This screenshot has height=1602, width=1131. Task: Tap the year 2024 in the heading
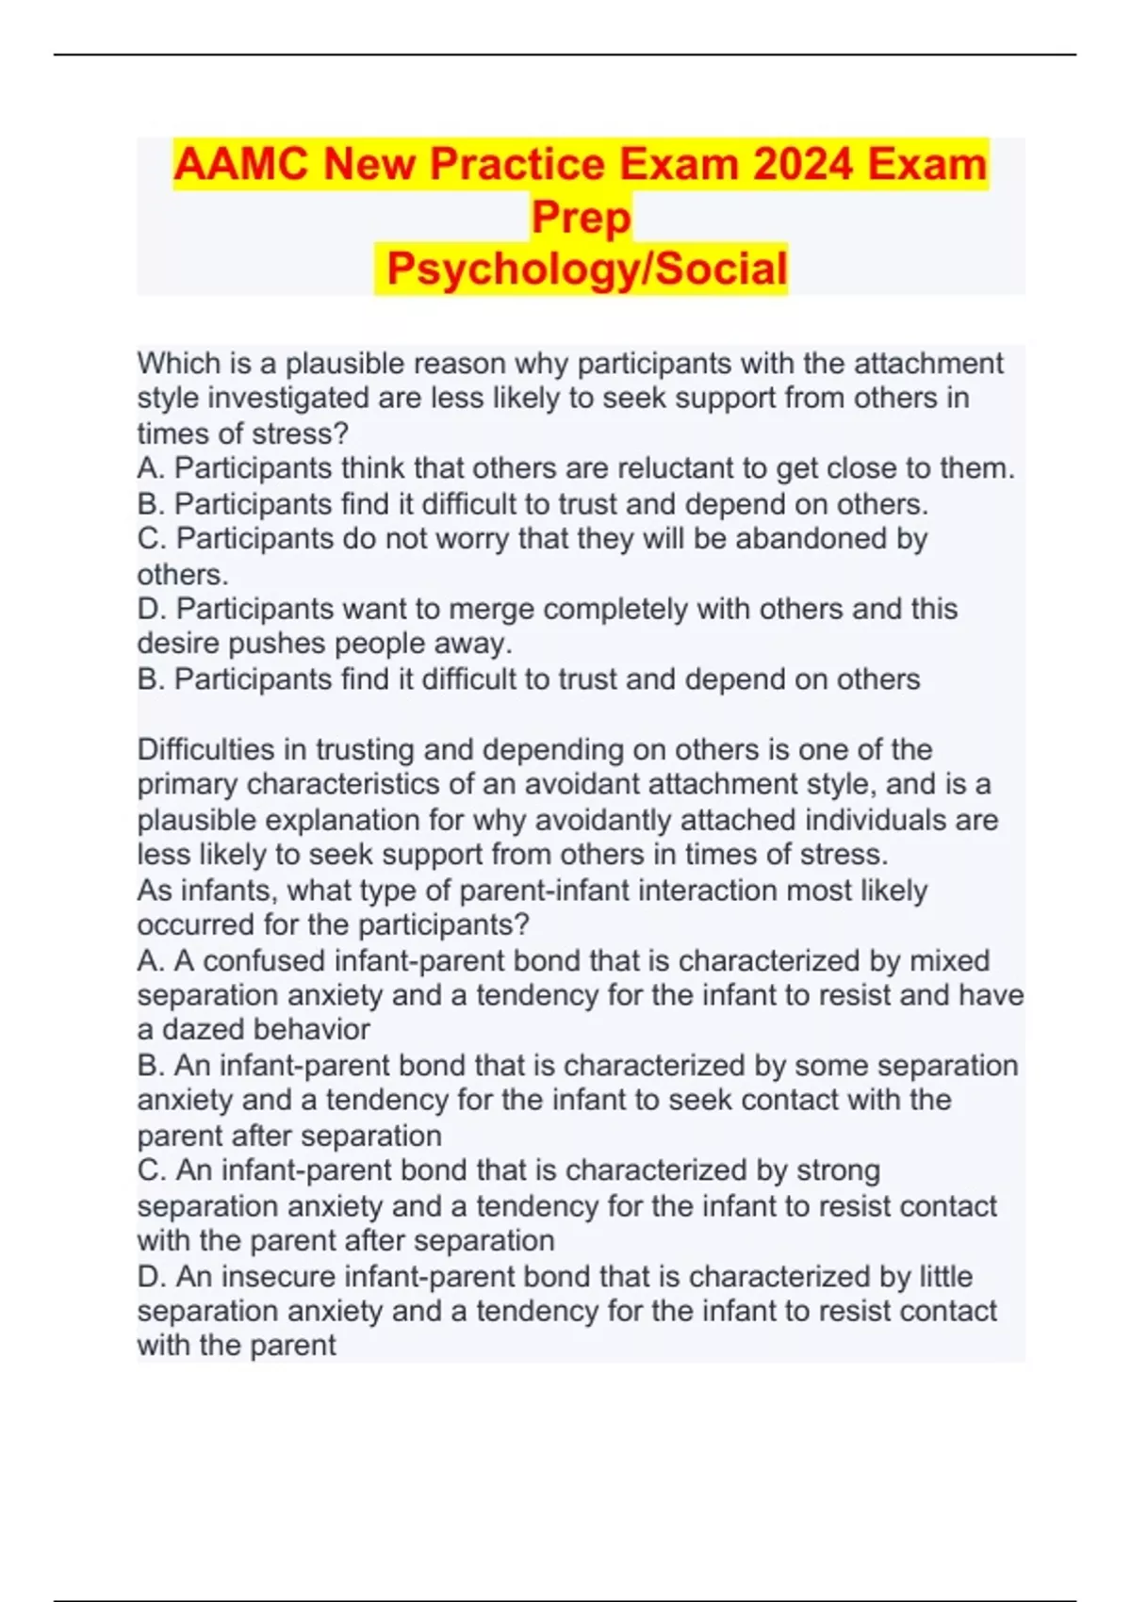click(x=804, y=165)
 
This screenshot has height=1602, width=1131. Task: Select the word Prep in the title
click(x=581, y=218)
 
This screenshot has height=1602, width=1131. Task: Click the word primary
click(x=187, y=785)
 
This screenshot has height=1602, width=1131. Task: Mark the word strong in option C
click(x=838, y=1170)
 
